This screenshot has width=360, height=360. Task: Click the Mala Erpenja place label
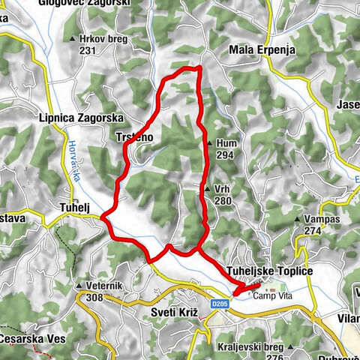pos(261,50)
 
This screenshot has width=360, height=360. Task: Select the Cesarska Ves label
pos(33,339)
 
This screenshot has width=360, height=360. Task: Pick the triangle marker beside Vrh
pos(208,190)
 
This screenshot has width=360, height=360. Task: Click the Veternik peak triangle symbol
pos(79,286)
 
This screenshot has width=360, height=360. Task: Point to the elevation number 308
pos(96,298)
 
